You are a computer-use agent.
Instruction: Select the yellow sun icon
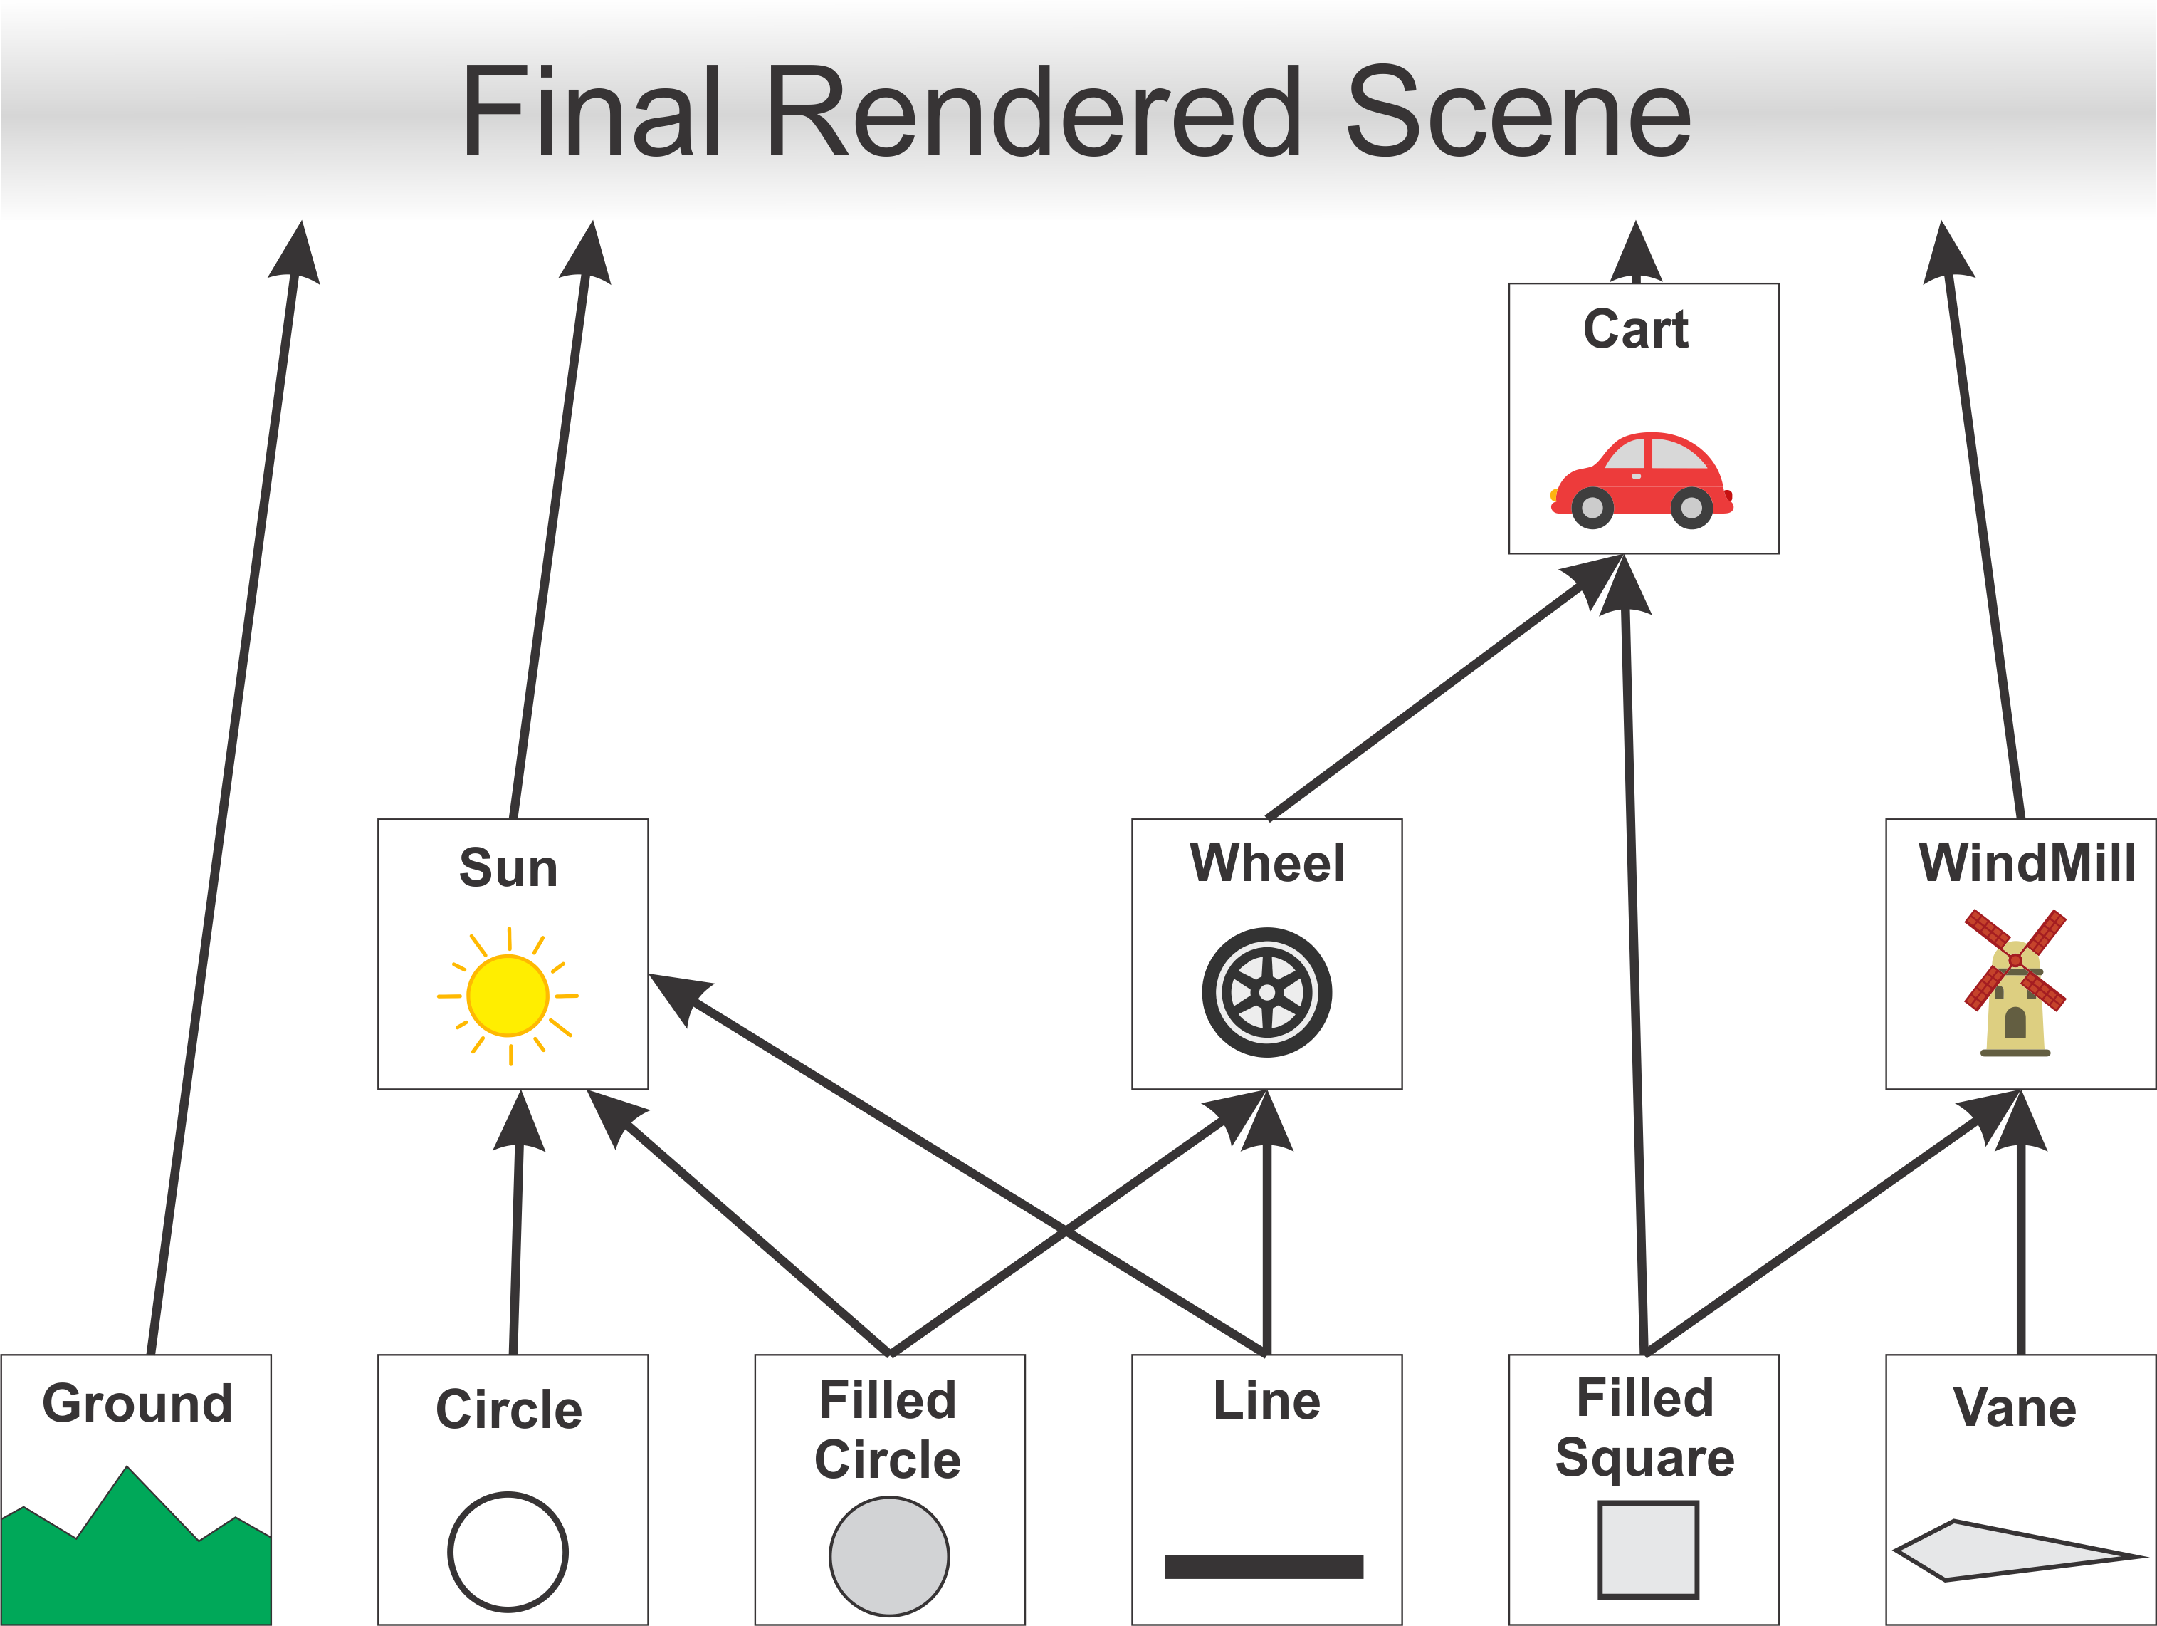click(508, 995)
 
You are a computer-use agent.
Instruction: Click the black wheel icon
click(1266, 992)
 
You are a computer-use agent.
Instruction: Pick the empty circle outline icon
click(508, 1551)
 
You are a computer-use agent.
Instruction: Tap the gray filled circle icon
click(889, 1555)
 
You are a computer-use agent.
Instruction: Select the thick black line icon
click(1264, 1566)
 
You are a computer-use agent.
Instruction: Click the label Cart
click(1637, 329)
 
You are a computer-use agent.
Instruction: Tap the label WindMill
click(2026, 862)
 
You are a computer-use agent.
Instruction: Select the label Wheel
click(1266, 862)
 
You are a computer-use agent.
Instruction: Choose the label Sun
click(508, 867)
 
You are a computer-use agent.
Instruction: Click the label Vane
click(2015, 1407)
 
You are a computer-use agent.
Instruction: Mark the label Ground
click(137, 1402)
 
